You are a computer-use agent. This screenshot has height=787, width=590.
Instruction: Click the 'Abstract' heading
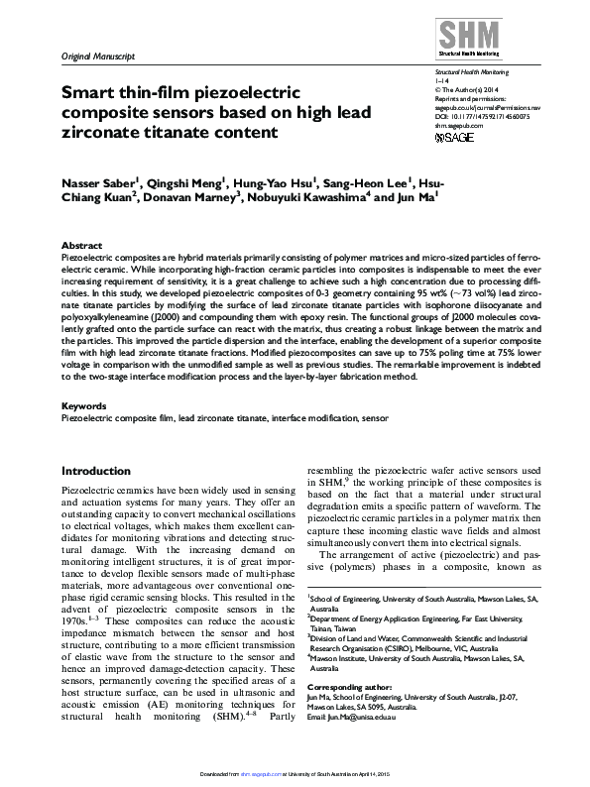click(81, 244)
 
